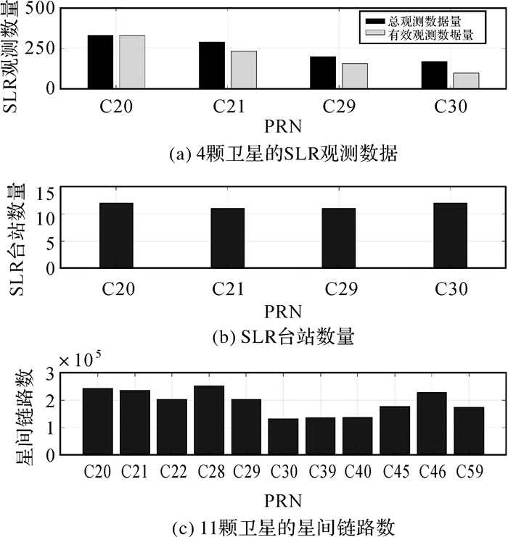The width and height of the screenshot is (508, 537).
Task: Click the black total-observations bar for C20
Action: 100,62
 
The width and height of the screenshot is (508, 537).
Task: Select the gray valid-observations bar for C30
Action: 466,80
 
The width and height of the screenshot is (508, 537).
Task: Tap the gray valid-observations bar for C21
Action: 244,70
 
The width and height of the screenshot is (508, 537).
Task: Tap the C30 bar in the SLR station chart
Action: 450,235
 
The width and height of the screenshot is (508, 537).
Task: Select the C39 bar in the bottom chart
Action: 320,436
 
